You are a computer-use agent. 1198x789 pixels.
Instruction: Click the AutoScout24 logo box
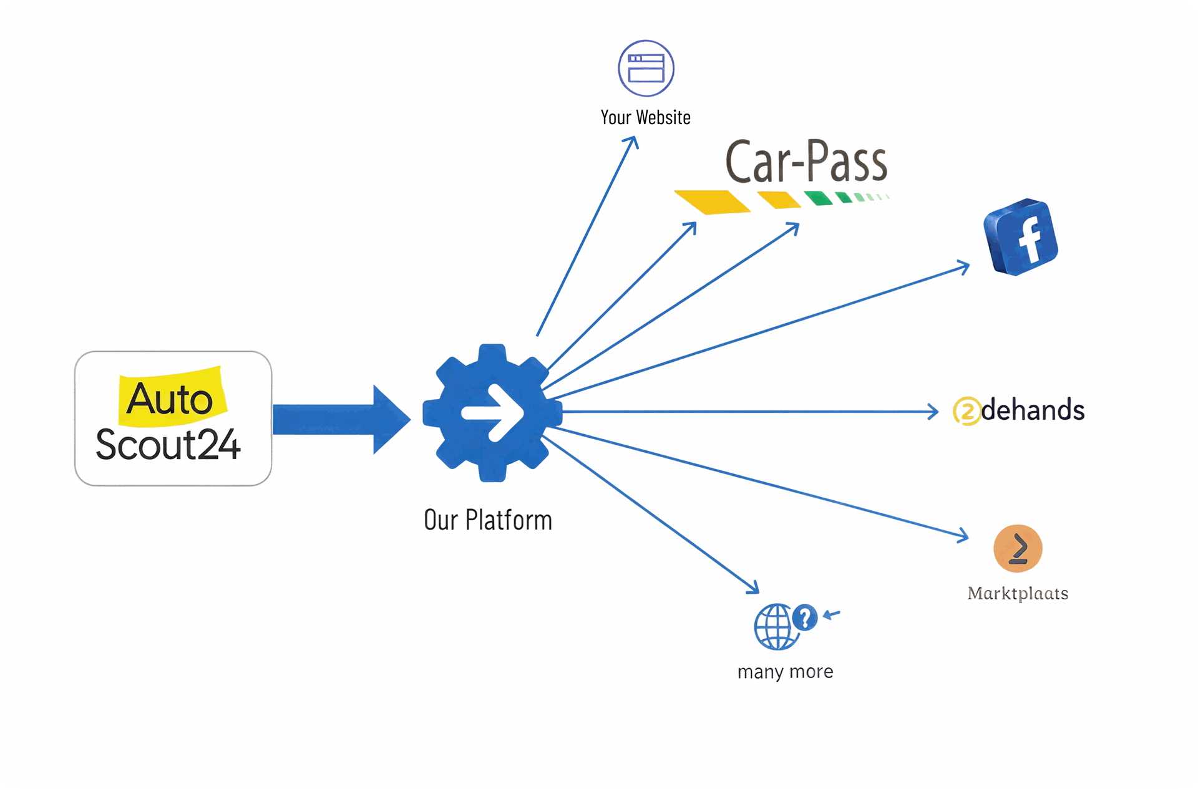(173, 419)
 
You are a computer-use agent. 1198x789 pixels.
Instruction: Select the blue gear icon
(492, 413)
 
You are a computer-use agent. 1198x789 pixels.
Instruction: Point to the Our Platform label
(488, 520)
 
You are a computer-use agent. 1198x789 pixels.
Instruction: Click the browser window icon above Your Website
(646, 68)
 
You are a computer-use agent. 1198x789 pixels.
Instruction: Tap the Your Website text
(645, 117)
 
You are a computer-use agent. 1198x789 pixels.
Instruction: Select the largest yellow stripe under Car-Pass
(713, 201)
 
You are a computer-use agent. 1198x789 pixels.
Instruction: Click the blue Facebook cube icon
(1021, 237)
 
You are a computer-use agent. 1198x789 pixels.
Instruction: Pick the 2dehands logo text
(1032, 410)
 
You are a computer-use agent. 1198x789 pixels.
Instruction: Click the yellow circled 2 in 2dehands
(967, 412)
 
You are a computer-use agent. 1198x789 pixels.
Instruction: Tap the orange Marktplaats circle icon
(1018, 548)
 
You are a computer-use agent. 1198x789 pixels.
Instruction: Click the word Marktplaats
(1018, 593)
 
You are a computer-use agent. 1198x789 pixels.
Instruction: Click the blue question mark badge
(805, 617)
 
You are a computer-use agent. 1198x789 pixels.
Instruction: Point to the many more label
(785, 672)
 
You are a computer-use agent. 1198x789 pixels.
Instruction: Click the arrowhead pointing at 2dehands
(933, 412)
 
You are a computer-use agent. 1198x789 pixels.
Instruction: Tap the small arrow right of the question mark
(831, 615)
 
